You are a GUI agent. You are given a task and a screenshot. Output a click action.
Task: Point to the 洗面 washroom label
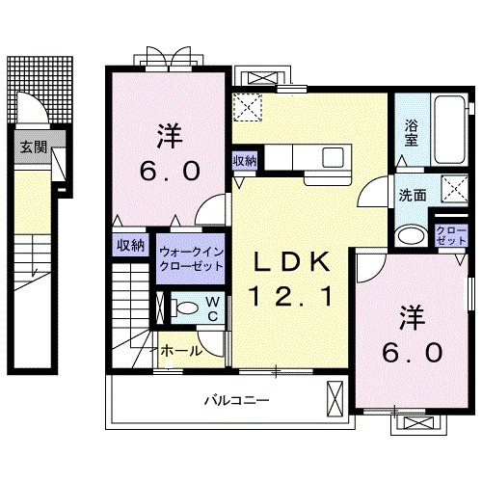pyautogui.click(x=414, y=194)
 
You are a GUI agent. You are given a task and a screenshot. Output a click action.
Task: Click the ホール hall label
pyautogui.click(x=181, y=351)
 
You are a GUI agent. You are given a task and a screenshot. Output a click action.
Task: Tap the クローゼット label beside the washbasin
pyautogui.click(x=447, y=233)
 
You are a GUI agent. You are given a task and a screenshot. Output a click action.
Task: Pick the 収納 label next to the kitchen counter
pyautogui.click(x=244, y=161)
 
